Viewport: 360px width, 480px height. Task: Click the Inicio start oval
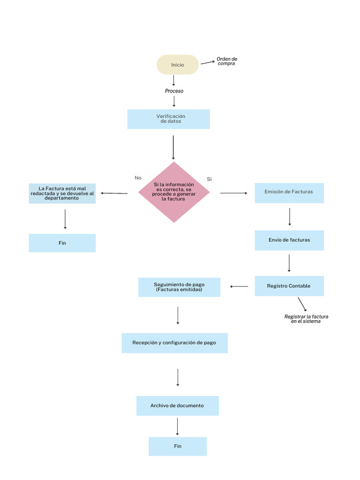tap(178, 65)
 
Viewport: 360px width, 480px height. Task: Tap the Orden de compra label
tap(227, 61)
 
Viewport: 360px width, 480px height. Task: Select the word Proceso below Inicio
tap(174, 91)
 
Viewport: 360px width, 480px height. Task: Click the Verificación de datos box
tap(169, 119)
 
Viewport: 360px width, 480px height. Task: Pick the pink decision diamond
tap(174, 192)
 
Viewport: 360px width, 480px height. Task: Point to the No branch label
tap(138, 178)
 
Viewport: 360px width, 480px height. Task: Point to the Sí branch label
tap(209, 179)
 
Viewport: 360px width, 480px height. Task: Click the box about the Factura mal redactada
tap(62, 194)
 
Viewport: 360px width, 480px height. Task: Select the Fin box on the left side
tap(62, 243)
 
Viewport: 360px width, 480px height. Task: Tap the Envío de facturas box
tap(289, 240)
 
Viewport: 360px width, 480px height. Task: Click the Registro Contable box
tap(289, 286)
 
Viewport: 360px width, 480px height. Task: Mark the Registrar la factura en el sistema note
tap(306, 319)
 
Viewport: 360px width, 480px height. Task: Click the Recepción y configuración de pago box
tap(174, 343)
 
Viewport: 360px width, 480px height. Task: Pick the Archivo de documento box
tap(177, 406)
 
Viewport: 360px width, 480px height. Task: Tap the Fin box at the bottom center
tap(178, 446)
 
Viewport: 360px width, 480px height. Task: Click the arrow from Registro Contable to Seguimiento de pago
tap(239, 286)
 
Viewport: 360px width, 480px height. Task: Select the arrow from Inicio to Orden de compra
tap(207, 62)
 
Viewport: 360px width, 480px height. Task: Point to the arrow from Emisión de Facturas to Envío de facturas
tap(290, 217)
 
